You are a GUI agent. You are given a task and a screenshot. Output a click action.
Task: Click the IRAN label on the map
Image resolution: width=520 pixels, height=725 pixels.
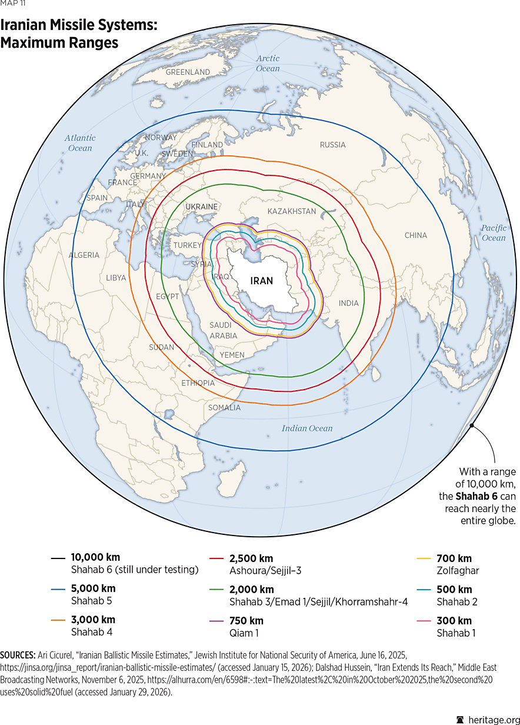[262, 281]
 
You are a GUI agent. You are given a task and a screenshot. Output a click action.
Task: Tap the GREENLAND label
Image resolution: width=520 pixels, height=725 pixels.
[188, 72]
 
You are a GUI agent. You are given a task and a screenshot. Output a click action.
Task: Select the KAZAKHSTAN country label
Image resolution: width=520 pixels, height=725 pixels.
[291, 211]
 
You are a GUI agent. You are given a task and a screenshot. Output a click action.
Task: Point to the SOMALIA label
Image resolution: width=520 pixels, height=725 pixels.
[224, 407]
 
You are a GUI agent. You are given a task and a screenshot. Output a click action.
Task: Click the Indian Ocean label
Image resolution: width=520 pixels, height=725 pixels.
[306, 428]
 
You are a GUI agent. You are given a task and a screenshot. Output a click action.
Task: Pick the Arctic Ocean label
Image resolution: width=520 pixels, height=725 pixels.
[268, 64]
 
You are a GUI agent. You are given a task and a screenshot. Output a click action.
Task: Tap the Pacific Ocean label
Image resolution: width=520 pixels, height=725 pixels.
[494, 233]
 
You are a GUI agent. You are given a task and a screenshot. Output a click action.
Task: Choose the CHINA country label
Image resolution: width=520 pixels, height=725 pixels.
[416, 235]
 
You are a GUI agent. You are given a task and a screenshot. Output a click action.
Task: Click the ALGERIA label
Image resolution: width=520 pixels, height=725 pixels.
[84, 255]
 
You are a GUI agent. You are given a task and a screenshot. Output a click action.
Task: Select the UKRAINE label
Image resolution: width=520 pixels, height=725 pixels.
[201, 207]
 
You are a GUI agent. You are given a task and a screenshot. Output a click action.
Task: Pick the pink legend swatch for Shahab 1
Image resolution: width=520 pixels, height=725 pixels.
[423, 621]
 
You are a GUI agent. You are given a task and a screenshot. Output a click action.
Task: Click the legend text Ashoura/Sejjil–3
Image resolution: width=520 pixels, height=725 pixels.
[265, 570]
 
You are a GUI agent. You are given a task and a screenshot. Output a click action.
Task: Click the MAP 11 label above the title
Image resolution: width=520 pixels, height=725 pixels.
[13, 5]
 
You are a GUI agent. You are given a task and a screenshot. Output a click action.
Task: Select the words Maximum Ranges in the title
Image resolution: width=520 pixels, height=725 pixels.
[59, 43]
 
